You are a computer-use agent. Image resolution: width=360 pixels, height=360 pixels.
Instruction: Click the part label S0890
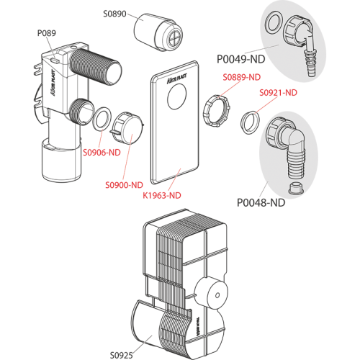(x=114, y=14)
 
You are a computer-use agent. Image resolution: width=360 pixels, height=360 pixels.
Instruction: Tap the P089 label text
(x=47, y=33)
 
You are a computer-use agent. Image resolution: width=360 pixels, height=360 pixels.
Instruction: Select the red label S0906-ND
(x=102, y=153)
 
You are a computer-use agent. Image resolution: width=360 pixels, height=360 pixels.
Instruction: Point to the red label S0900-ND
(x=124, y=185)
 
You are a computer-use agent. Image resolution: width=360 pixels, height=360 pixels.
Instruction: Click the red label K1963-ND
(x=162, y=196)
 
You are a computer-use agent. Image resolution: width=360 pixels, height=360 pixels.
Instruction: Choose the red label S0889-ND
(x=242, y=77)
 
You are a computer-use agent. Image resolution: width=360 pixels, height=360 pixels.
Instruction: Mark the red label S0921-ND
(x=278, y=93)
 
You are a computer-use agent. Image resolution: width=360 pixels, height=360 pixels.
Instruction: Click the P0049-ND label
(x=241, y=59)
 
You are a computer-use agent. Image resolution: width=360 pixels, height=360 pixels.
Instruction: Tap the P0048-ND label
(x=261, y=203)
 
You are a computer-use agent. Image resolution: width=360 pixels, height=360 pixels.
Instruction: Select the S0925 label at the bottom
(x=121, y=355)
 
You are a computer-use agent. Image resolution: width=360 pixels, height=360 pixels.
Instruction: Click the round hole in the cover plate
(x=177, y=96)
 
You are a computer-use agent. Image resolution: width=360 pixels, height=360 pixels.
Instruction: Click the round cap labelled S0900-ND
(x=127, y=127)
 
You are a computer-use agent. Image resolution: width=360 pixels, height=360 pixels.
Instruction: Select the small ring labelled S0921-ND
(x=251, y=121)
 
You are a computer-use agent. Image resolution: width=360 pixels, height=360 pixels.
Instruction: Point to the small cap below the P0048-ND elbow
(x=296, y=189)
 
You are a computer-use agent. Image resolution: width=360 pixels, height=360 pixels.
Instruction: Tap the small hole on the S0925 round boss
(x=217, y=295)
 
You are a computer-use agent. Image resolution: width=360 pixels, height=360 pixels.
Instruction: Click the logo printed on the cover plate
(x=177, y=78)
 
